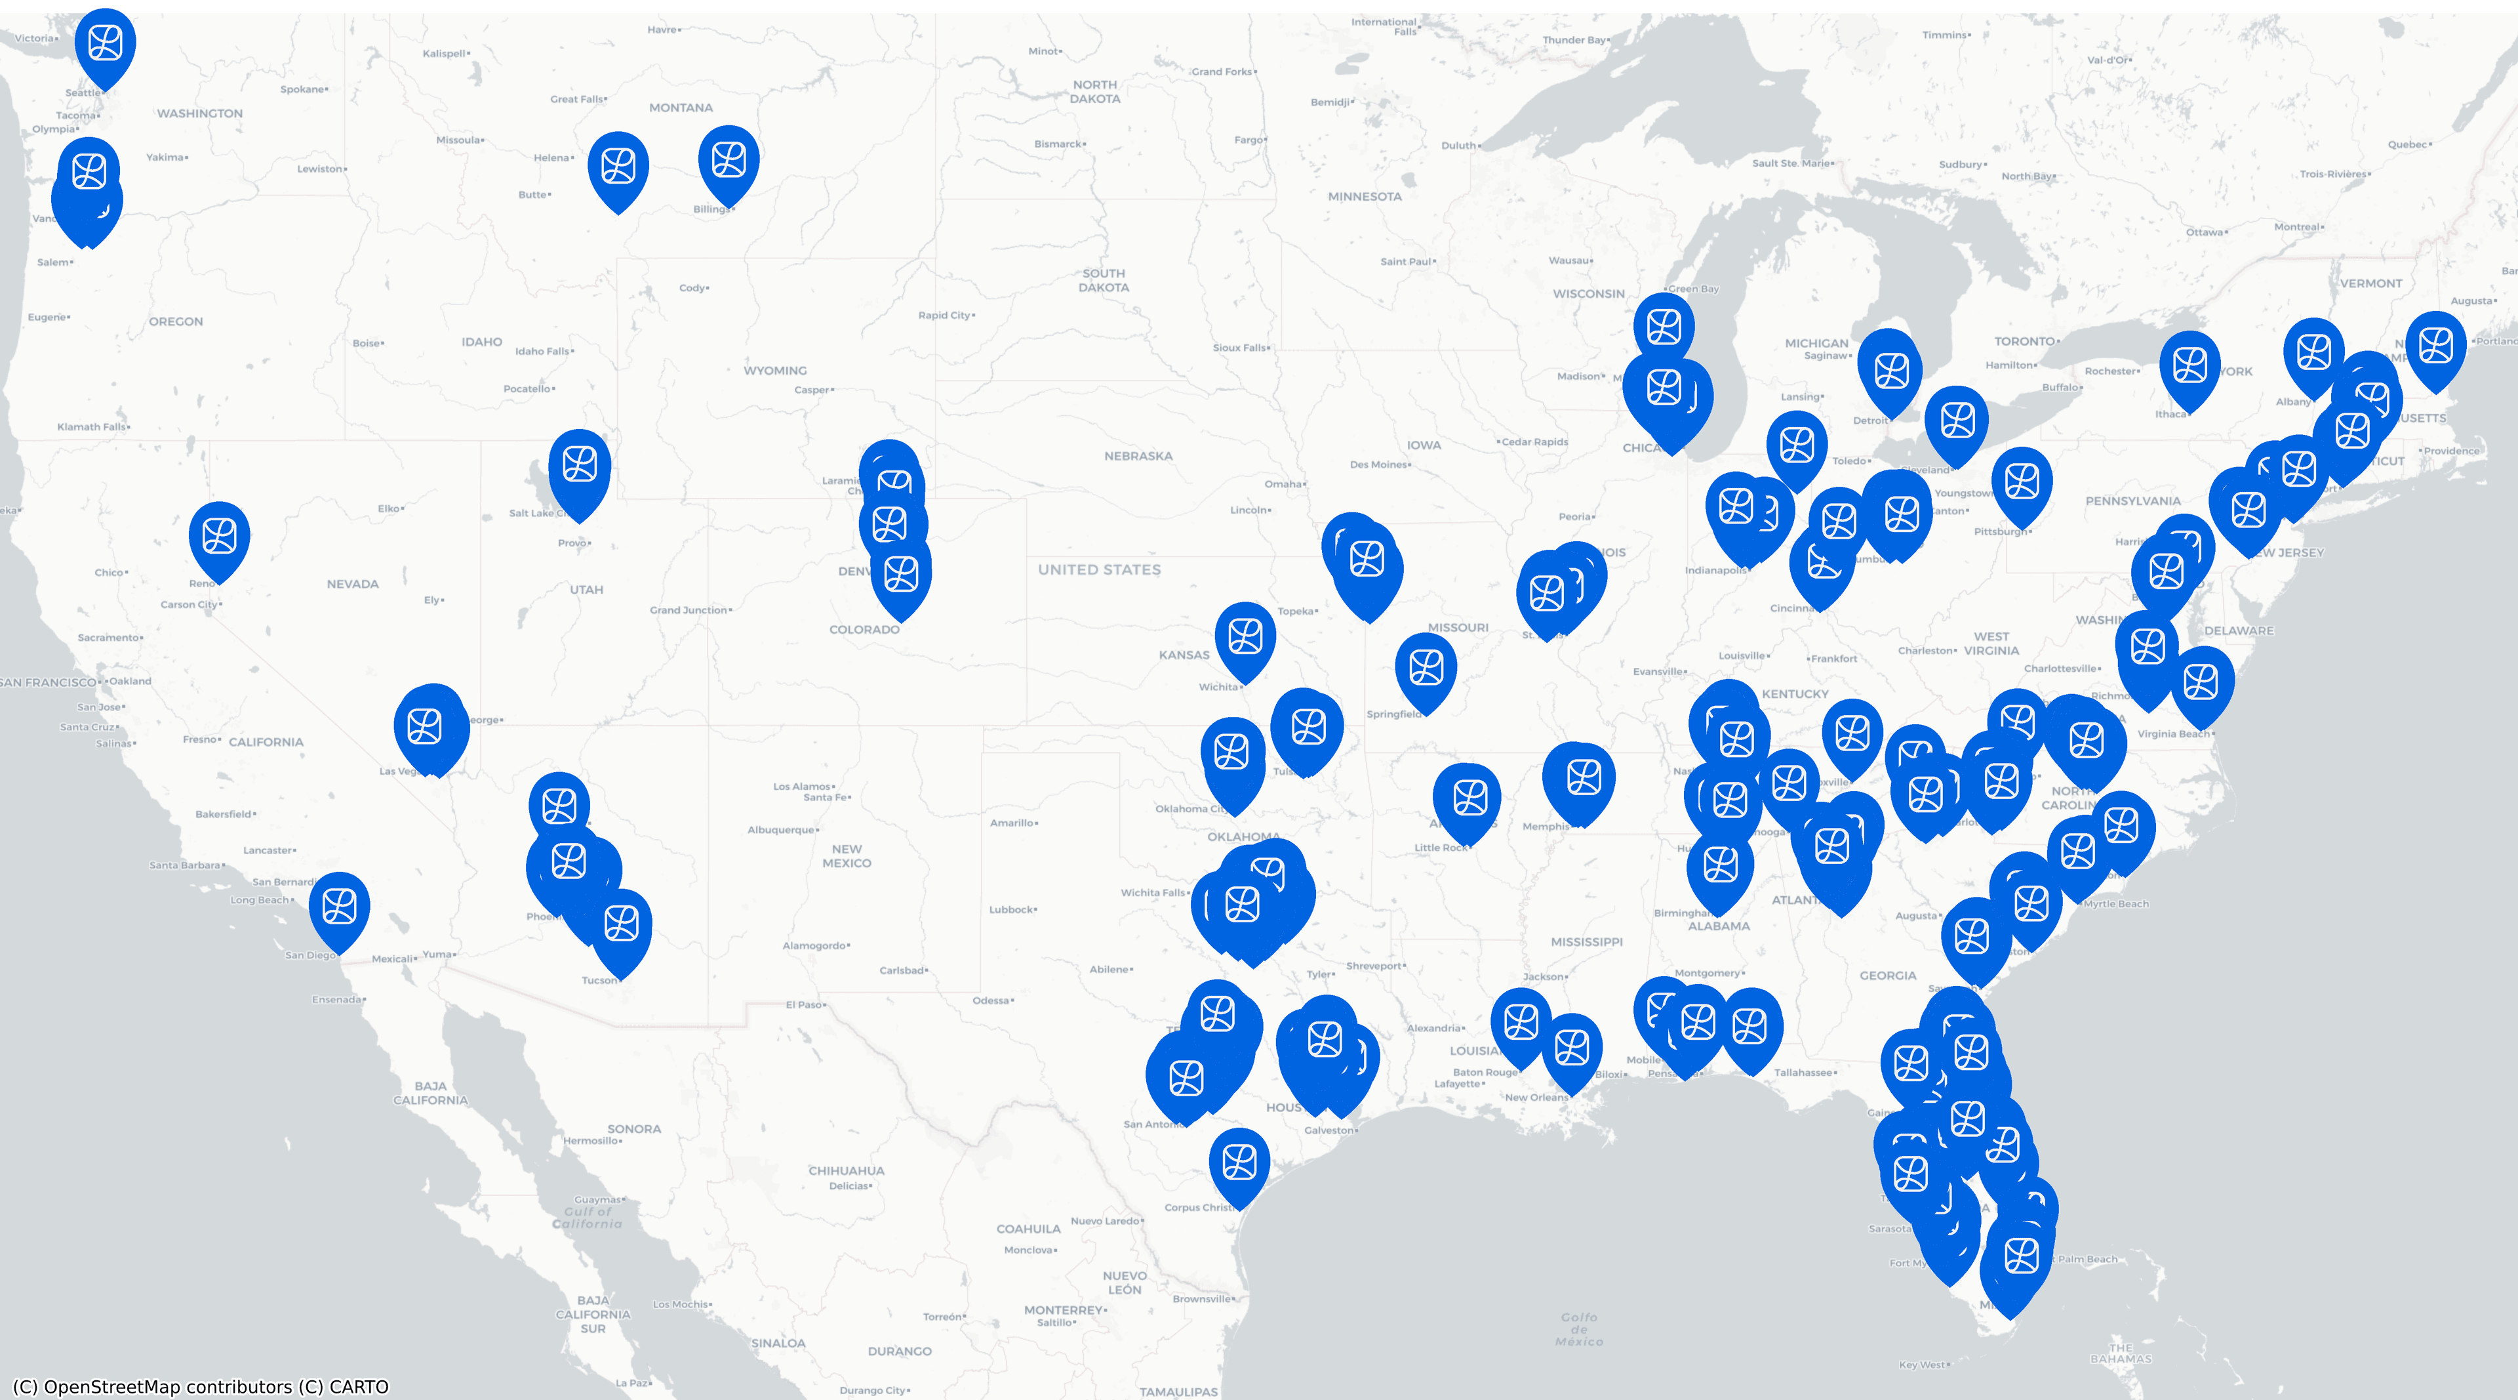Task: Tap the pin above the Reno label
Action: (x=219, y=539)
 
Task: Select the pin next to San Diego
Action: (x=339, y=908)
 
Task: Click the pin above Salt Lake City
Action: (x=580, y=467)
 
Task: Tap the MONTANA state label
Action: (x=681, y=108)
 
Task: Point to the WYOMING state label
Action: (x=775, y=371)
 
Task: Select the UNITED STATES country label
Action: (x=1099, y=569)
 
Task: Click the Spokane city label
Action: (x=303, y=89)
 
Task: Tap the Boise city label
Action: (x=367, y=343)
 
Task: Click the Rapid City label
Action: (x=944, y=315)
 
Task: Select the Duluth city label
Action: (x=1458, y=146)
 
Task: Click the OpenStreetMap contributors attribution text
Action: (x=201, y=1386)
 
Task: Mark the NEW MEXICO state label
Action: (x=847, y=856)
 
